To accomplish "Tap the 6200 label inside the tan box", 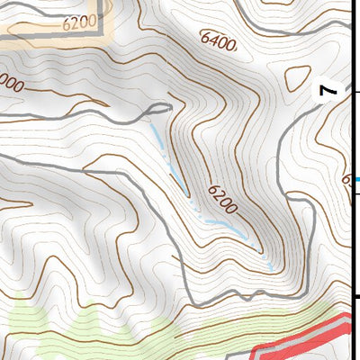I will coord(78,24).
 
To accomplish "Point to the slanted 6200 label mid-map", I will coord(221,198).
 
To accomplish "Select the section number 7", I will coord(328,90).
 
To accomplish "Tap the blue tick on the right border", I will coord(356,179).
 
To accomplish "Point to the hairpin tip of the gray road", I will coord(167,107).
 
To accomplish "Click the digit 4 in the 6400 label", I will coord(213,40).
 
